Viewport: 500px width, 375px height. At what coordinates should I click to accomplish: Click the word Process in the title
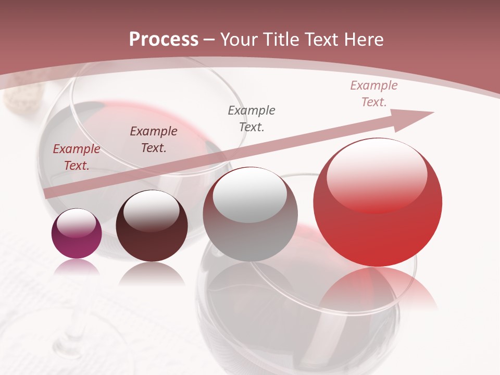coord(164,40)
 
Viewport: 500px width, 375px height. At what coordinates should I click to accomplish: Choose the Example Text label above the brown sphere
coord(153,140)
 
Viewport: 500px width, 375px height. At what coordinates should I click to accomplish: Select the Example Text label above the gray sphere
coord(252,118)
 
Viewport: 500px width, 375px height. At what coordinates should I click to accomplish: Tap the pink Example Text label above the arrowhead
coord(374,94)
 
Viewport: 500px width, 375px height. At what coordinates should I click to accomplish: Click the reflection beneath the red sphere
coord(378,286)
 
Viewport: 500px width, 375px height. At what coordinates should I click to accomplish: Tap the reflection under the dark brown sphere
coord(152,273)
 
